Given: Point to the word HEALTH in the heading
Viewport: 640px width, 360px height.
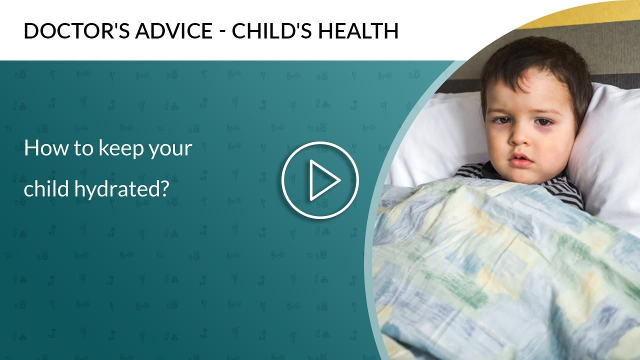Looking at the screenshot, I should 358,31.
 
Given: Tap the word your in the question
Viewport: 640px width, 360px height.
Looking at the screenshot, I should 171,149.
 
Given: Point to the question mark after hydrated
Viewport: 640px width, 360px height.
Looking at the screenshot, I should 165,188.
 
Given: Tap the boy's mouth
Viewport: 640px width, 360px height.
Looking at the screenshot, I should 520,161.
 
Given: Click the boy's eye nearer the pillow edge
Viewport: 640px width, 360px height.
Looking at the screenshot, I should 543,121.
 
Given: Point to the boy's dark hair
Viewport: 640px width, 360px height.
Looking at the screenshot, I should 535,65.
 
